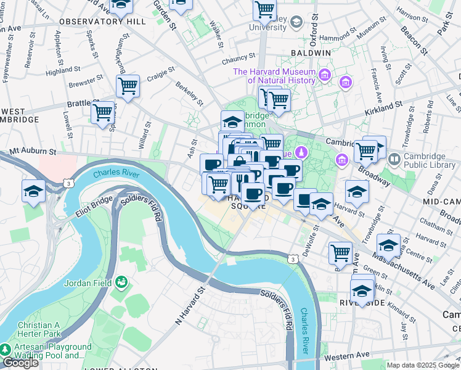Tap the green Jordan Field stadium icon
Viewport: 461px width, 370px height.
click(x=122, y=283)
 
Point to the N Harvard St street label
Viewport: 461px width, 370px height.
click(x=190, y=306)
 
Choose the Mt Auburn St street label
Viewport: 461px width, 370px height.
click(x=33, y=150)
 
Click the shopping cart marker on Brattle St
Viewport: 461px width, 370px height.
click(x=102, y=113)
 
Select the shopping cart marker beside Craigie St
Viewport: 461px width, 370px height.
click(x=128, y=87)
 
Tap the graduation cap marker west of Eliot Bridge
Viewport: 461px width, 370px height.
click(x=33, y=191)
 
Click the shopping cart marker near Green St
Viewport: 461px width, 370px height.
click(x=340, y=252)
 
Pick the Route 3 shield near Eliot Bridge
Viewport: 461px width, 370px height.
click(x=67, y=184)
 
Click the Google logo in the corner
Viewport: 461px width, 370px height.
click(x=20, y=363)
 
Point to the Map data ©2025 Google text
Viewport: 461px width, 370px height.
click(x=423, y=365)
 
